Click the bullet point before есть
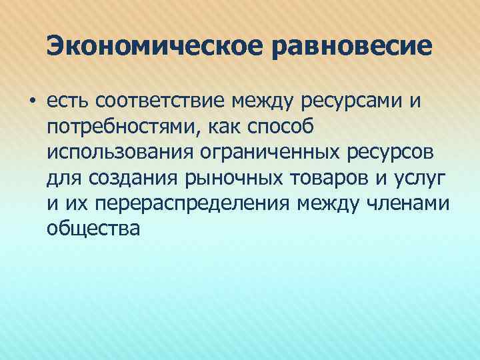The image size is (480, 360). pos(31,102)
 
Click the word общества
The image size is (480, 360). pos(94,228)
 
